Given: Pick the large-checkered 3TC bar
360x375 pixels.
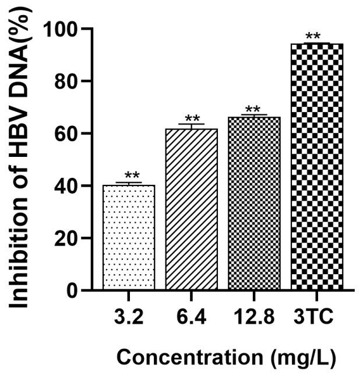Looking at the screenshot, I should (x=317, y=166).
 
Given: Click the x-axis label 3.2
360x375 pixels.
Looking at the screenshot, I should (x=129, y=318).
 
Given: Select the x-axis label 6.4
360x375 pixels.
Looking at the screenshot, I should (x=192, y=318).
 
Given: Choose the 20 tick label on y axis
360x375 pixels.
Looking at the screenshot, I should (x=65, y=238).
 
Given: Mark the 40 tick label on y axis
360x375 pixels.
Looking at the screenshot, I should (x=65, y=186).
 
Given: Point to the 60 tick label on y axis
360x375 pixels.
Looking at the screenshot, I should (x=65, y=134).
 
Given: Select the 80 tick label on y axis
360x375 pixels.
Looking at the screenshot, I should (x=65, y=81).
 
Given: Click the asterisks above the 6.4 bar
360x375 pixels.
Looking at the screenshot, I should (x=192, y=118).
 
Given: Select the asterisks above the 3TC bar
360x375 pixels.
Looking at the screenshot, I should (x=313, y=37).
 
